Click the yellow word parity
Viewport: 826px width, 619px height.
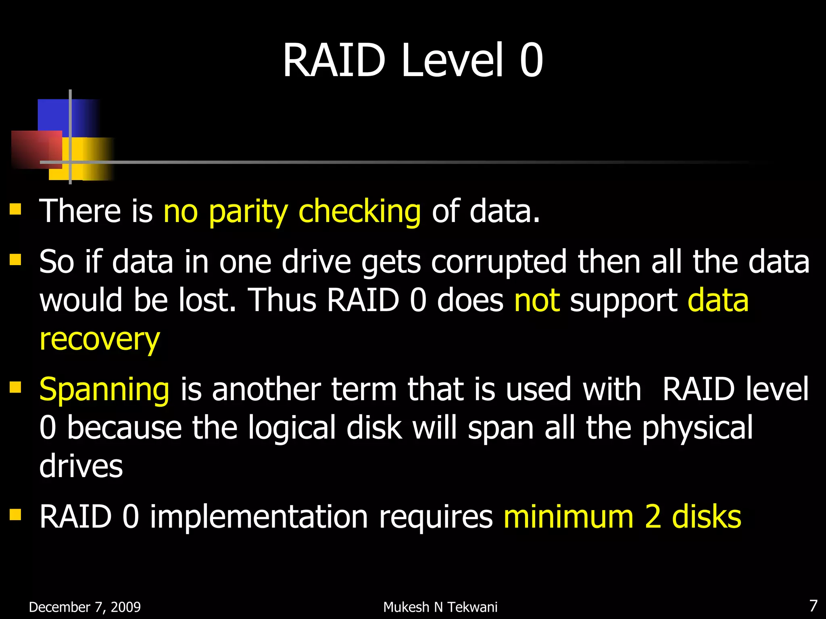(248, 212)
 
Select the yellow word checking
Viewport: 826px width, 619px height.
(359, 212)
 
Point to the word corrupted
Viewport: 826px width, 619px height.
(499, 262)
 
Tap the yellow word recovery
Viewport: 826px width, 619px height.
(100, 339)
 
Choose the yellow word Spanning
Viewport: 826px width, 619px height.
(104, 390)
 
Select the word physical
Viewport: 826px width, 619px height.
(697, 428)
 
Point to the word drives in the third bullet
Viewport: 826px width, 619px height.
(81, 466)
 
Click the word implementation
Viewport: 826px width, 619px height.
(259, 517)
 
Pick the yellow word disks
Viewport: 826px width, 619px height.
(706, 517)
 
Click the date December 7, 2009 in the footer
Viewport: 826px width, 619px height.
(85, 607)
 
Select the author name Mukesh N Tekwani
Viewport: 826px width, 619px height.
(440, 607)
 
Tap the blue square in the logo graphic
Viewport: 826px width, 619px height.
(54, 115)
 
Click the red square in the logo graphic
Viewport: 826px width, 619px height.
(30, 147)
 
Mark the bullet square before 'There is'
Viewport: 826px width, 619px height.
(15, 209)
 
